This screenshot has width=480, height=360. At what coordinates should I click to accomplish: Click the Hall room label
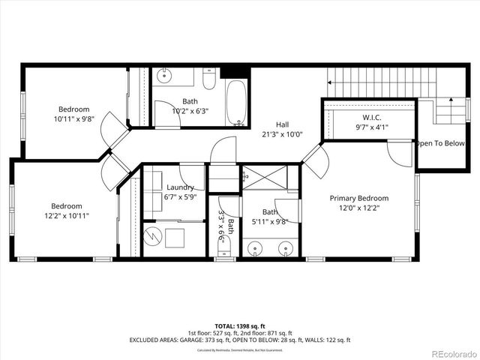point(282,124)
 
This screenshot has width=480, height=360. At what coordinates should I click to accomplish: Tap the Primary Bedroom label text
point(359,198)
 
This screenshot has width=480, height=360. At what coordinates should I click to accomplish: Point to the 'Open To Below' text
point(441,143)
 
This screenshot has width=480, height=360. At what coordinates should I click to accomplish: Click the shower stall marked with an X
point(266,179)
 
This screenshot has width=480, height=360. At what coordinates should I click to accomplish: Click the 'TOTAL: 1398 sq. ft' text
point(237,325)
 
